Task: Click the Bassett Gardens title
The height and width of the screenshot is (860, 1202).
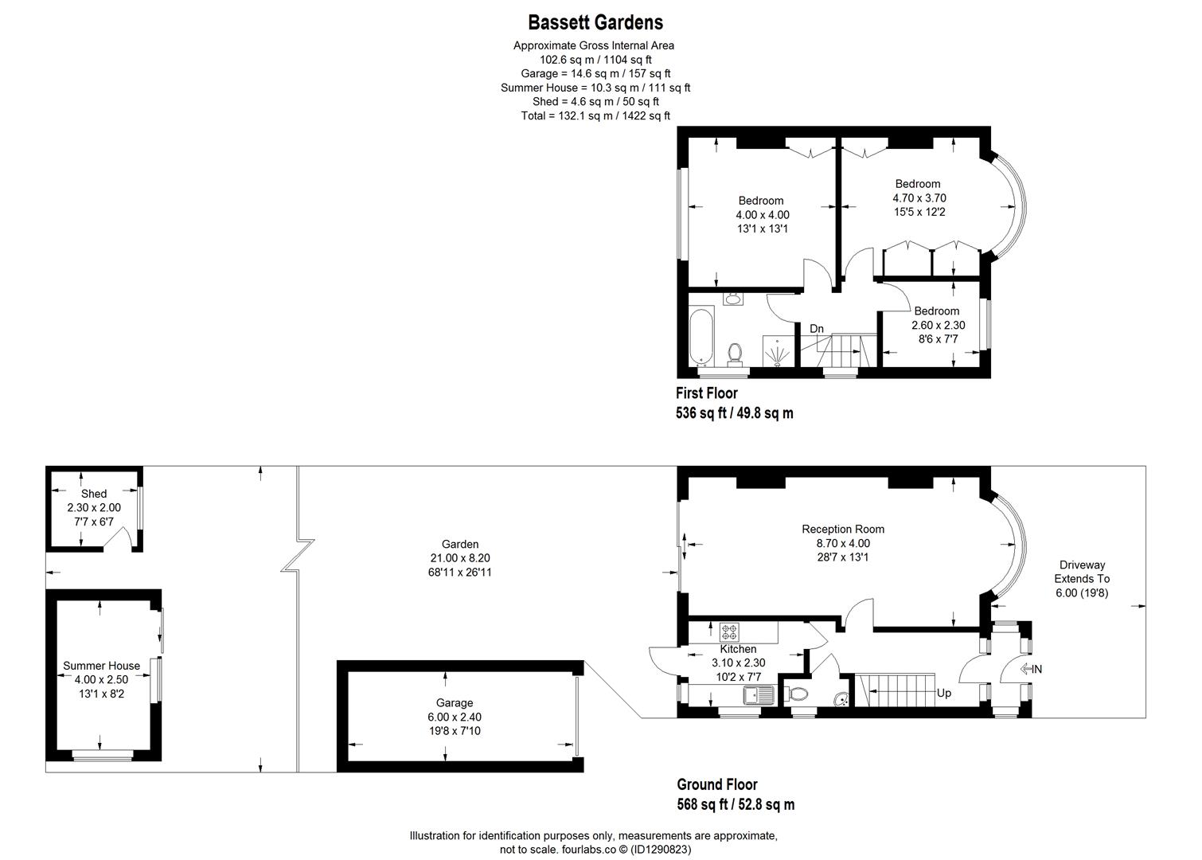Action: click(595, 22)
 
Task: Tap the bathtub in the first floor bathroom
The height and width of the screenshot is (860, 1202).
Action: click(701, 335)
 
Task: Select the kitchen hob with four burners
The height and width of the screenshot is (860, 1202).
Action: click(730, 632)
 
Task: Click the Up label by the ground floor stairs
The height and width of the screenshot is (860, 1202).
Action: click(943, 693)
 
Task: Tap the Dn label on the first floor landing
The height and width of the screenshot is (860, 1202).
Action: click(817, 328)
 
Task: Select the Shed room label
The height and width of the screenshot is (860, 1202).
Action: click(94, 494)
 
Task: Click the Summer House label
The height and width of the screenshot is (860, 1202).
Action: click(101, 666)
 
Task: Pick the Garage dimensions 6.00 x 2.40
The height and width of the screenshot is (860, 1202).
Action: click(455, 717)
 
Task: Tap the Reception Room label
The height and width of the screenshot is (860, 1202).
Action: click(843, 529)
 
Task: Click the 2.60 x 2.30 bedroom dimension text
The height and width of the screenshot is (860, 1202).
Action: click(938, 325)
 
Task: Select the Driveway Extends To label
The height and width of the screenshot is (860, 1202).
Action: click(1081, 572)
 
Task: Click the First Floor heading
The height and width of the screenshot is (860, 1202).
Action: click(707, 393)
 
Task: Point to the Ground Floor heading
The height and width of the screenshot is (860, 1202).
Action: click(717, 784)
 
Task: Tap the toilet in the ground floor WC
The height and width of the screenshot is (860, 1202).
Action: click(798, 694)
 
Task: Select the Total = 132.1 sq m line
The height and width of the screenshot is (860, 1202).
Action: click(595, 115)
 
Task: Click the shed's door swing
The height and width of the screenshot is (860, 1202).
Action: click(118, 541)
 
